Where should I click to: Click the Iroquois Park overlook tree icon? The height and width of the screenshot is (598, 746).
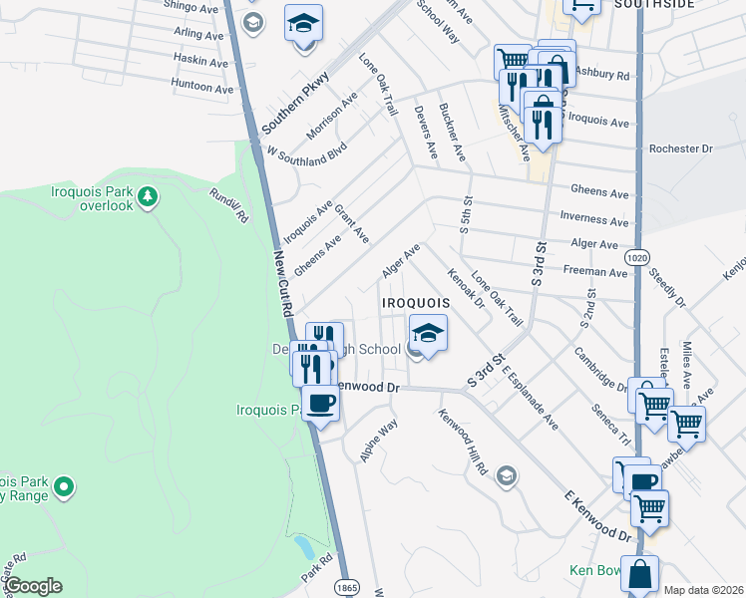pyautogui.click(x=148, y=196)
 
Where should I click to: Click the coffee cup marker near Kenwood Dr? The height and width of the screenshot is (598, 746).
pyautogui.click(x=320, y=403)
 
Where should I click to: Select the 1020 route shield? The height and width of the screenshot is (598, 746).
pyautogui.click(x=638, y=258)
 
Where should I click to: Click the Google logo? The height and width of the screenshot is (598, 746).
pyautogui.click(x=33, y=586)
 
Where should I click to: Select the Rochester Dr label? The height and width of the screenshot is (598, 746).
pyautogui.click(x=680, y=149)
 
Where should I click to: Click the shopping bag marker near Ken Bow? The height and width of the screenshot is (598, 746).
pyautogui.click(x=640, y=575)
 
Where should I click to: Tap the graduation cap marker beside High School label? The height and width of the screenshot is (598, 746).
pyautogui.click(x=427, y=333)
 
